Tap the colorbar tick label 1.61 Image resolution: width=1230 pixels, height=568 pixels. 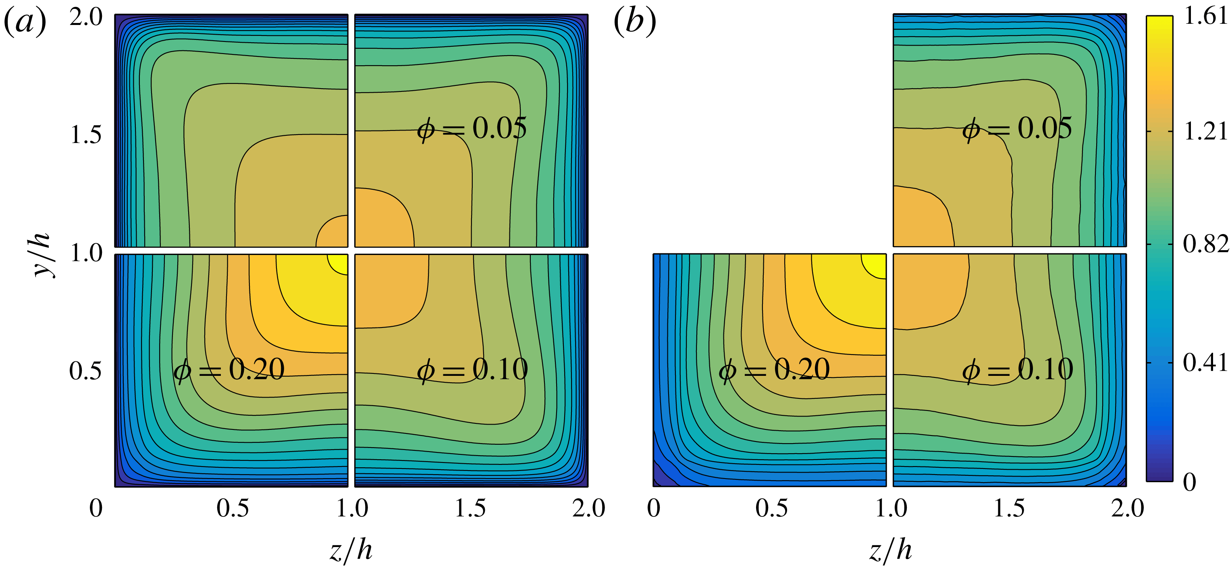click(1205, 17)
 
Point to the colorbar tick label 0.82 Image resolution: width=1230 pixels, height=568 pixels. click(1205, 245)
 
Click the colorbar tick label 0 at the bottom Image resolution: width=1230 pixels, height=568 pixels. click(1189, 482)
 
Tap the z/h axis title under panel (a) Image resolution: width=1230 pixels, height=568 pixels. click(351, 550)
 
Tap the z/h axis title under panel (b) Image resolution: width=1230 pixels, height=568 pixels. click(890, 550)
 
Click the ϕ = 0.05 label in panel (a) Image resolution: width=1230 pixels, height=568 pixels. click(472, 129)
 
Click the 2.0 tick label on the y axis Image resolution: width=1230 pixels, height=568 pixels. click(86, 18)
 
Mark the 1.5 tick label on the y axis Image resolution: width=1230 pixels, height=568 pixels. click(86, 135)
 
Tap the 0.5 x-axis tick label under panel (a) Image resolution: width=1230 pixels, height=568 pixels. click(233, 508)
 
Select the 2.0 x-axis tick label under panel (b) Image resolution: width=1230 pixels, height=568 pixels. click(1127, 508)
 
